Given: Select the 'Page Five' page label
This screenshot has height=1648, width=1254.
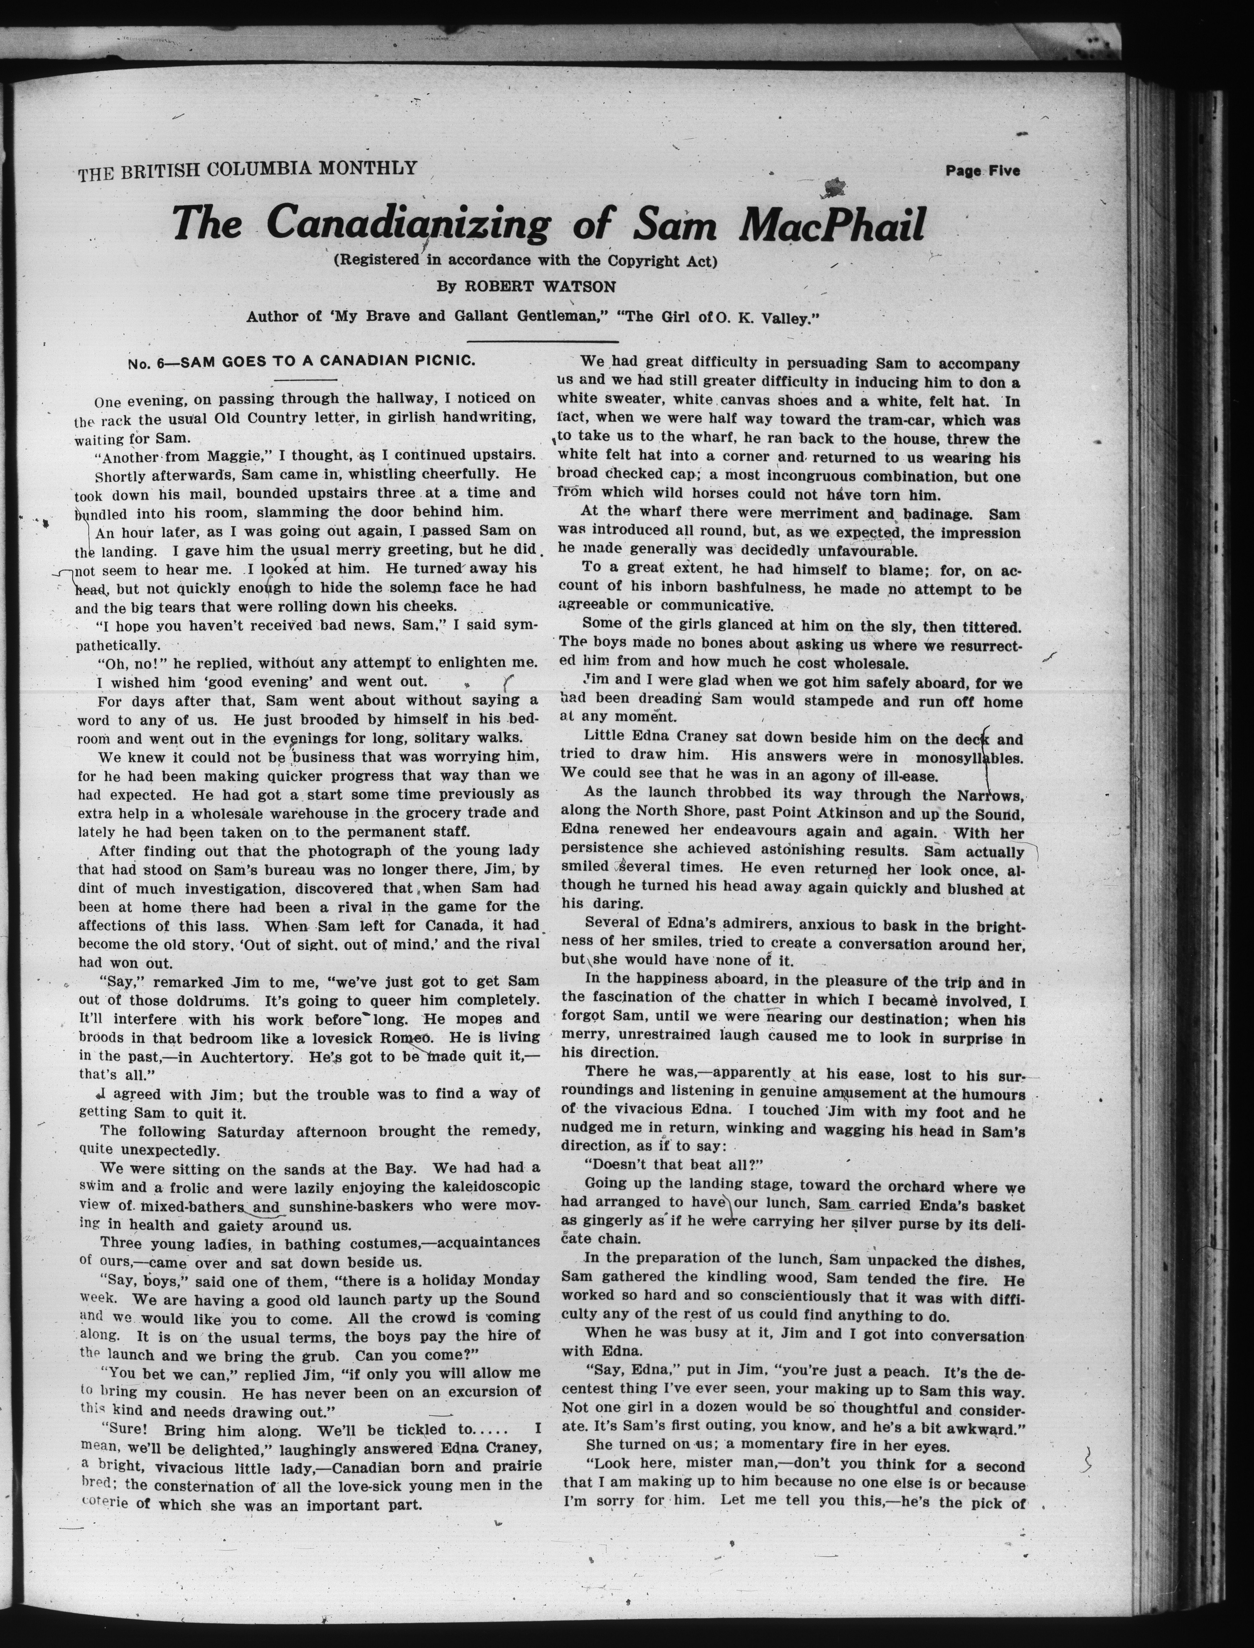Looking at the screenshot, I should (x=982, y=171).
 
